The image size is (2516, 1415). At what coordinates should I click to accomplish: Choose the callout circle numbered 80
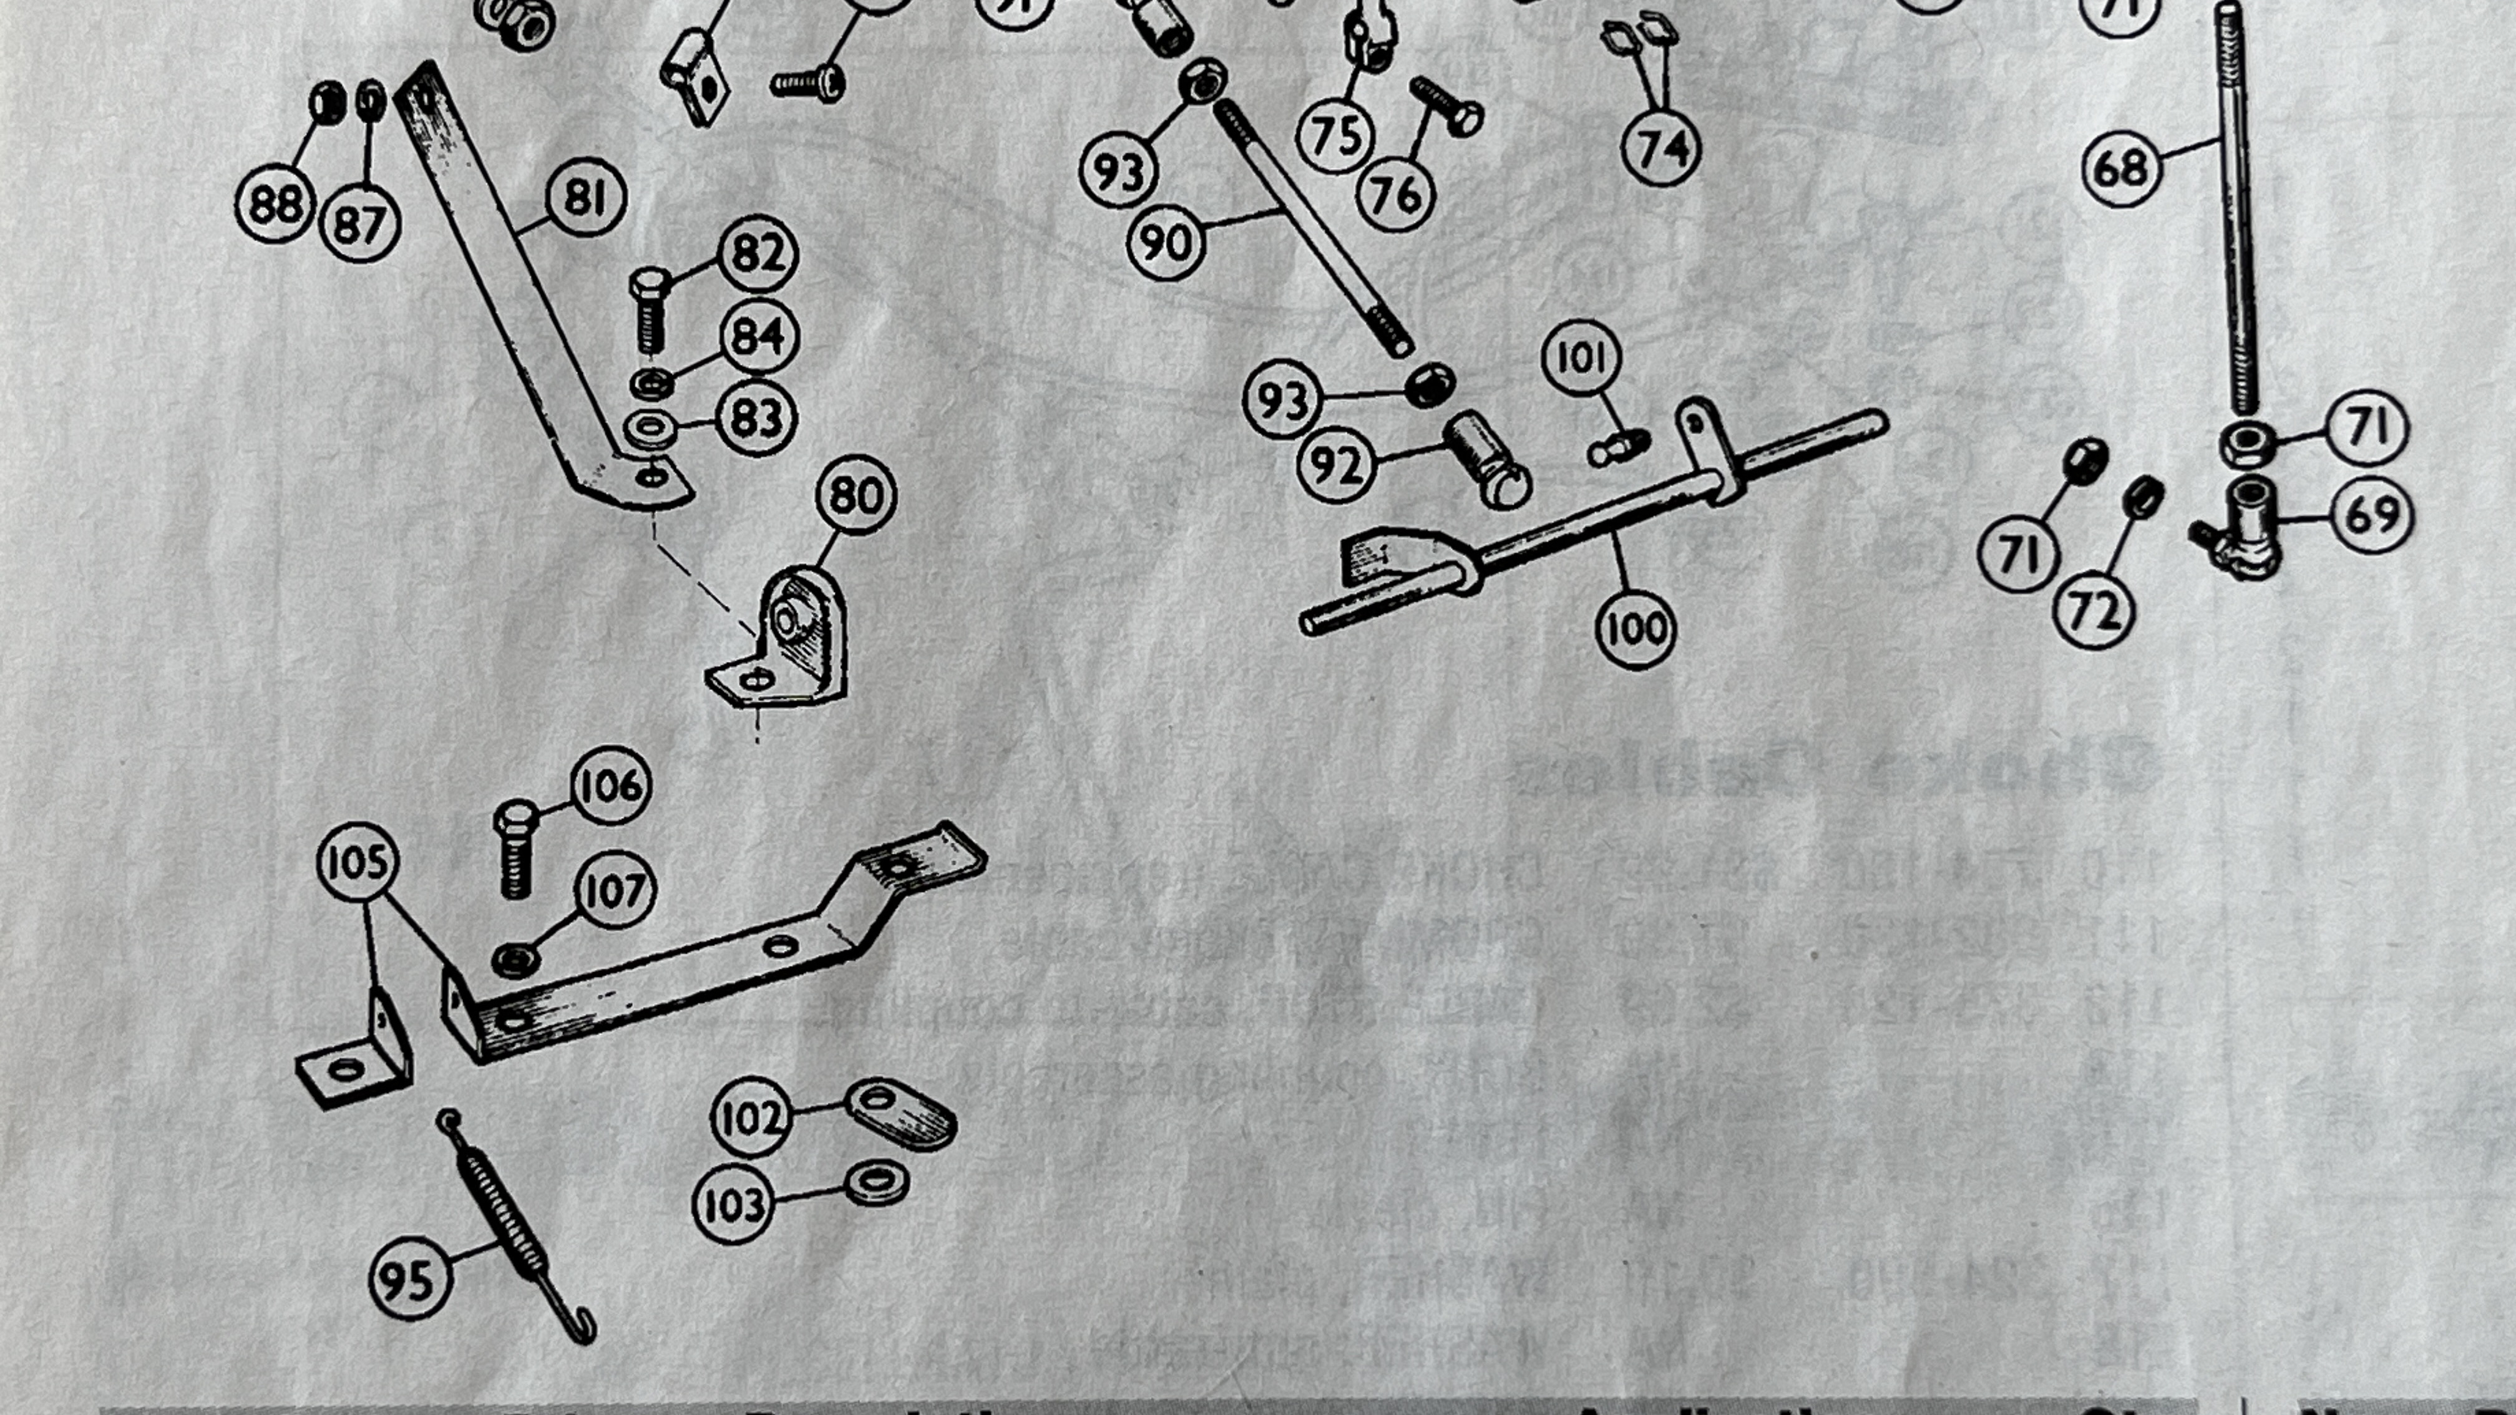point(856,495)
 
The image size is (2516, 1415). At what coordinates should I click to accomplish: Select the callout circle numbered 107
point(615,890)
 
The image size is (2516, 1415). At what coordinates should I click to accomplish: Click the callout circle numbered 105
point(358,862)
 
